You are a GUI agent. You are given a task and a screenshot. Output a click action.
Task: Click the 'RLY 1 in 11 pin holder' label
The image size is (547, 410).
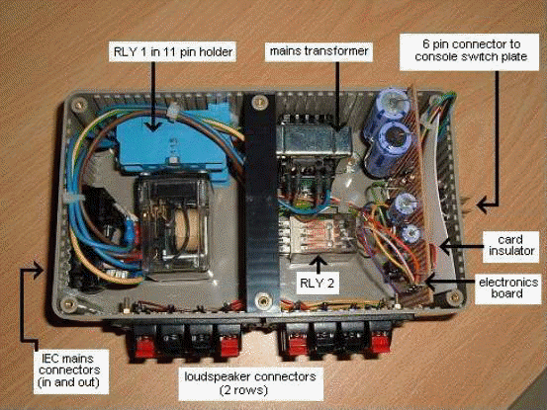pos(173,52)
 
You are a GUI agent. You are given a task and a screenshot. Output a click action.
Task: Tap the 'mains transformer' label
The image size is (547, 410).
pos(319,51)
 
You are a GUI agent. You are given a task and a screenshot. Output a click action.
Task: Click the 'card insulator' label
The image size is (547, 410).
pos(510,245)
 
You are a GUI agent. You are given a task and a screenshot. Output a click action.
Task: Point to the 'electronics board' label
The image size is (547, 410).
pos(508,287)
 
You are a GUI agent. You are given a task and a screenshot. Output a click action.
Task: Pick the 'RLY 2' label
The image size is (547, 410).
pos(318,283)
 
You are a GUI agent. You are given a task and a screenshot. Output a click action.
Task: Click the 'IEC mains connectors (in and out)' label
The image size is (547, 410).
pos(71,370)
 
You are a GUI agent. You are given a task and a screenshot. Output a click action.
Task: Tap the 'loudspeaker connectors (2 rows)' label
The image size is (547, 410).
pos(250,383)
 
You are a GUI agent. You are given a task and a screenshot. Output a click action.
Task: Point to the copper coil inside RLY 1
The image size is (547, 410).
pos(186,230)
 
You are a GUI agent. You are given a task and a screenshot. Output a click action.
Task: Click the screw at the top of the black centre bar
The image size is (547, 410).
pos(259,102)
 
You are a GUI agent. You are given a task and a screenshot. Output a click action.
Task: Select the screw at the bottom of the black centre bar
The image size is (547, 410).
pos(261,299)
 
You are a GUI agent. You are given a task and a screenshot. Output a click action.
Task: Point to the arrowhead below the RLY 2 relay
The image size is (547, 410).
pos(319,261)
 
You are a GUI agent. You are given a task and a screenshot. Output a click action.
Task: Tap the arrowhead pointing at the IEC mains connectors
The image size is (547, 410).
pos(40,270)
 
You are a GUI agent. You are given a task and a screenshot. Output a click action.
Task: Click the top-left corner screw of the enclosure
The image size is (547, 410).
pos(79,104)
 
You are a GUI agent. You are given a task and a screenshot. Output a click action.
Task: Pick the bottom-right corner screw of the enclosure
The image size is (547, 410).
pos(454,296)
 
